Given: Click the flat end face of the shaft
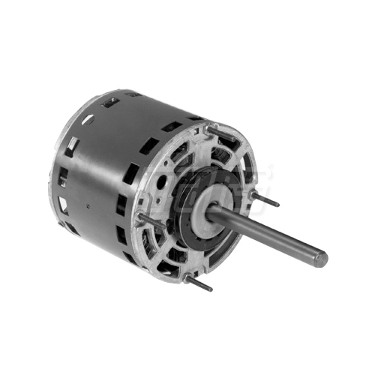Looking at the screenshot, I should pos(320,259).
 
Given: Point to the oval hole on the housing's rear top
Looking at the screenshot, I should pos(88,118).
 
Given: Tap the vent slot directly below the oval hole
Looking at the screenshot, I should pos(73,143).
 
